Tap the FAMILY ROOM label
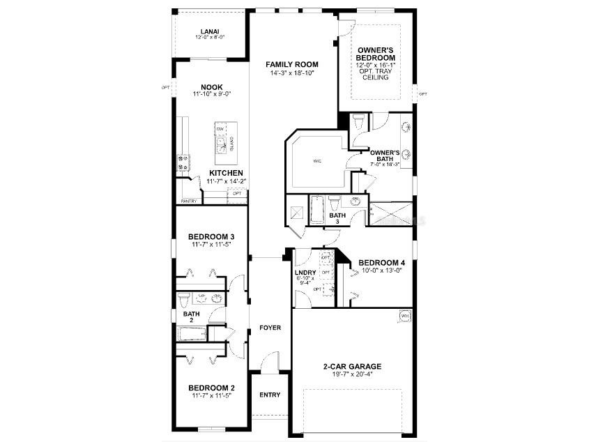tap(292, 64)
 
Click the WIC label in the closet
tap(316, 161)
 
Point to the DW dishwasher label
tap(220, 130)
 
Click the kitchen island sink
tap(222, 144)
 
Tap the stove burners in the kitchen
tap(183, 162)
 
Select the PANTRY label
tap(189, 201)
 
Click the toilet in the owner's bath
tap(358, 123)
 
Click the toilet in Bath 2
tap(184, 300)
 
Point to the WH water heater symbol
tap(404, 316)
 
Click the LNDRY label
tap(306, 273)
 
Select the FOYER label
tap(270, 327)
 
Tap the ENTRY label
tap(270, 395)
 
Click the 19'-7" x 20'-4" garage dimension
tap(352, 374)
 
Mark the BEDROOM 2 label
tap(211, 388)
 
